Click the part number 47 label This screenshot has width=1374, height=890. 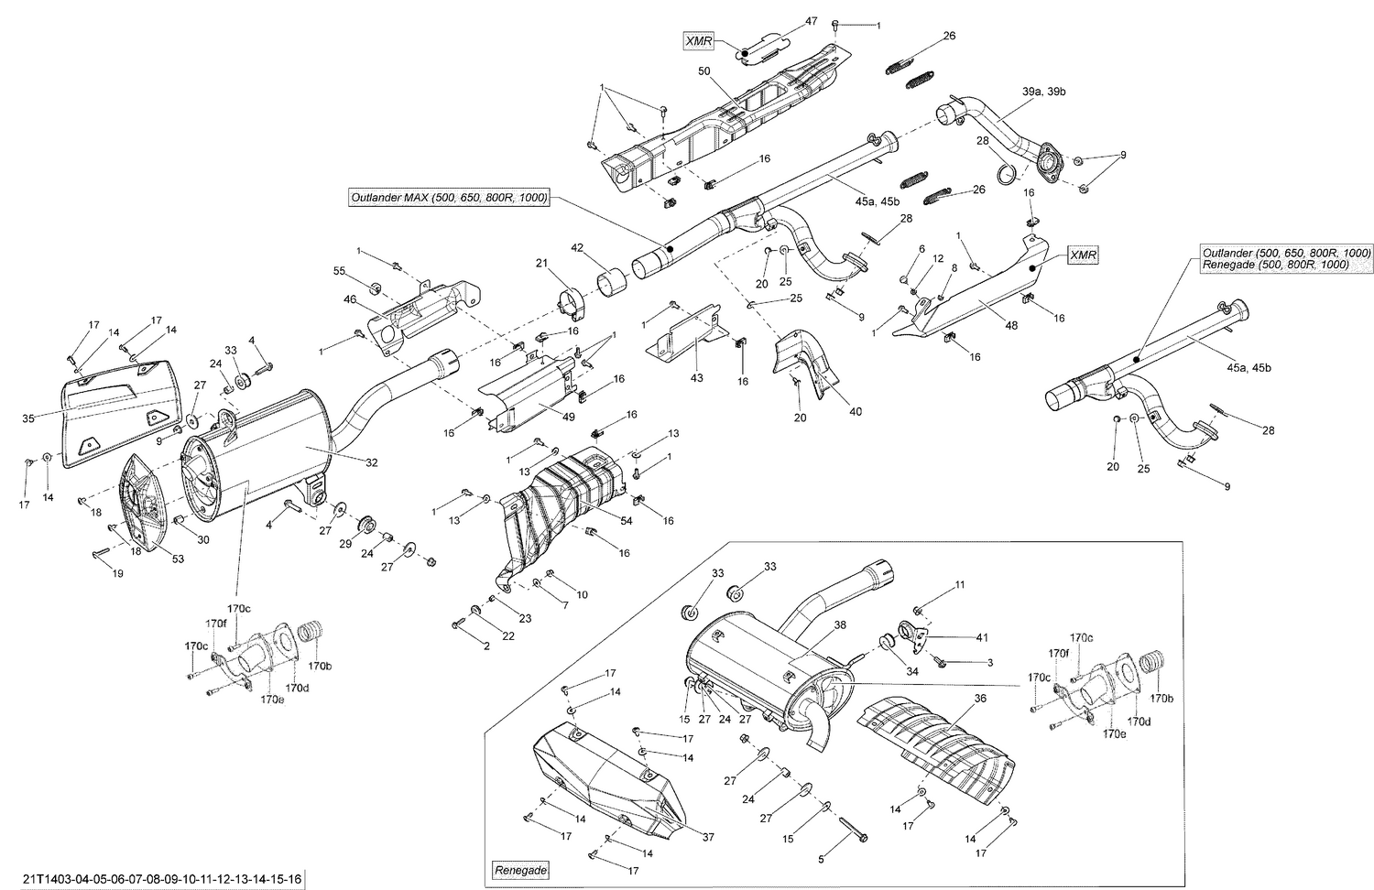(811, 20)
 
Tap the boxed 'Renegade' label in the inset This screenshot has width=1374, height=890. (519, 869)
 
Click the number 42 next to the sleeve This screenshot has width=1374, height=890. (577, 247)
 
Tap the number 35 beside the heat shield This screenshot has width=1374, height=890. (27, 418)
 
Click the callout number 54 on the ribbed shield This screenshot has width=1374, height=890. (627, 520)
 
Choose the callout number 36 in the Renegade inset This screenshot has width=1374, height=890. (955, 698)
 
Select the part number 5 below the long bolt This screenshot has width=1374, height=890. (820, 859)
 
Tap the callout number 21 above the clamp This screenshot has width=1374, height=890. (541, 263)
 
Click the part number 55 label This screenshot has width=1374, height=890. (339, 272)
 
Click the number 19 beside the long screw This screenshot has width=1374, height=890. (117, 573)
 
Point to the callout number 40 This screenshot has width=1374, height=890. (856, 412)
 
